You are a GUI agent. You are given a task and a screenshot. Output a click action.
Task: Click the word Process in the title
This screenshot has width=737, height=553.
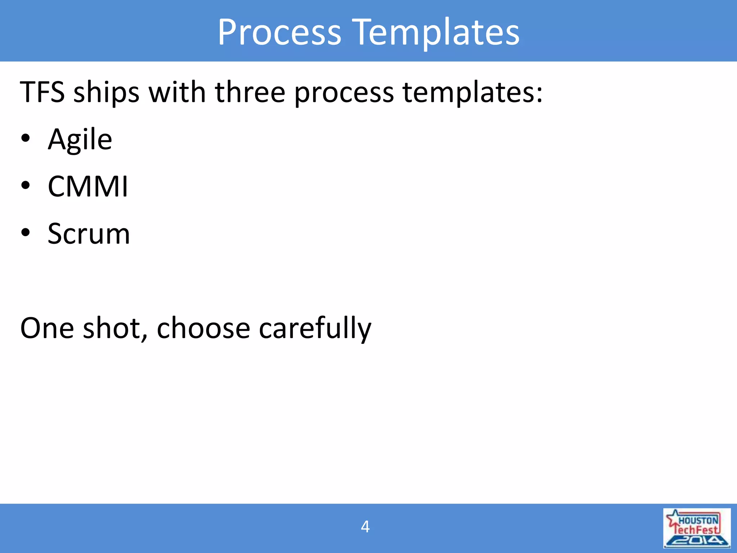pyautogui.click(x=279, y=32)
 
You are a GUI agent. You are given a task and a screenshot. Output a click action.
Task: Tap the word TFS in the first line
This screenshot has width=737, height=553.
pyautogui.click(x=42, y=92)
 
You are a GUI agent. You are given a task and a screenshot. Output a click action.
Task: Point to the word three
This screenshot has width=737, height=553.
pyautogui.click(x=250, y=92)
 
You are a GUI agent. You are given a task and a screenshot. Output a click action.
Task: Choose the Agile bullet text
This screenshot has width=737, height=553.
pyautogui.click(x=80, y=140)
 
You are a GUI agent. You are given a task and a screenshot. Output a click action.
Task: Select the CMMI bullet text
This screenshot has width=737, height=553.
pyautogui.click(x=88, y=186)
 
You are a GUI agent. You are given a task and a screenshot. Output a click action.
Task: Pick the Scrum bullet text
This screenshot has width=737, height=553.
pyautogui.click(x=89, y=234)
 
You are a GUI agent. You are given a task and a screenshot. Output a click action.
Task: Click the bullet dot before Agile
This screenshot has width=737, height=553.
pyautogui.click(x=26, y=139)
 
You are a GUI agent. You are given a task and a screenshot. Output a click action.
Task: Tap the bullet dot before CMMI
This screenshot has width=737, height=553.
pyautogui.click(x=26, y=186)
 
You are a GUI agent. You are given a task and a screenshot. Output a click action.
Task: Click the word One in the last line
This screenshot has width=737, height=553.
pyautogui.click(x=47, y=328)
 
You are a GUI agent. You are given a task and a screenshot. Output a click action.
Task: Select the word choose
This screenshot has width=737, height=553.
pyautogui.click(x=203, y=328)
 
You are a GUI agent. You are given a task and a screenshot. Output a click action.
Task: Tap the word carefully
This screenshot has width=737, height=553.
pyautogui.click(x=315, y=328)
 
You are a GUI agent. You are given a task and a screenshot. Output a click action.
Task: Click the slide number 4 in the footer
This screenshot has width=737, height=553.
pyautogui.click(x=365, y=527)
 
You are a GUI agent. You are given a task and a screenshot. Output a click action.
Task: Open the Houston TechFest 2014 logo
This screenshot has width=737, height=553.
pyautogui.click(x=697, y=528)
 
